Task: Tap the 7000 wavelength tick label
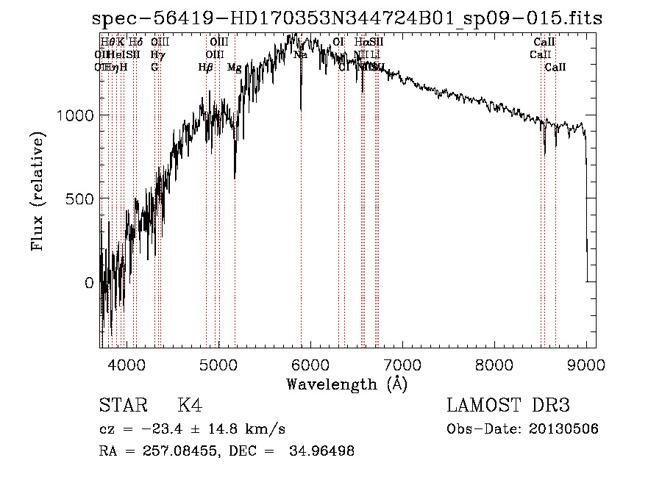402,364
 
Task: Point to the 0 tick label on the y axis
89,283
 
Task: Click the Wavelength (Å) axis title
346,384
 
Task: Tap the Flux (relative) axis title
38,192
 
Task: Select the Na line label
300,54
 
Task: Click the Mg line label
234,68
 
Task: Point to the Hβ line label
206,68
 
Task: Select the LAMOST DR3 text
508,406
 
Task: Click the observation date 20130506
563,428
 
